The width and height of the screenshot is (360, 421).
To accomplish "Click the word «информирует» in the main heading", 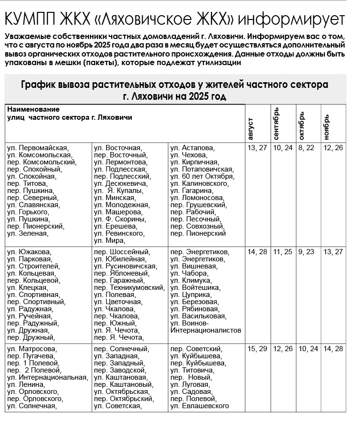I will pos(290,19).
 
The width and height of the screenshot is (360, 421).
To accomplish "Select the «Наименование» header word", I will pos(30,109).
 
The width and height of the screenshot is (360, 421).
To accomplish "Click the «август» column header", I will pos(251,128).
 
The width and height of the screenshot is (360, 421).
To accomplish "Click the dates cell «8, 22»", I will pos(307,148).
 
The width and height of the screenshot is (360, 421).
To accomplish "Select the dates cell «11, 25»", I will pos(282,252).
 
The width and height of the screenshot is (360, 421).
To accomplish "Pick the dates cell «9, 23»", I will pos(307,252).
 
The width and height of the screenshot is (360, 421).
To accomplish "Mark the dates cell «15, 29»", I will pos(257,349).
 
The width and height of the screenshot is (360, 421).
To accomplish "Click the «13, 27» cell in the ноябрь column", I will pos(332,252).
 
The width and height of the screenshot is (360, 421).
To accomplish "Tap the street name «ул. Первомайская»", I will pos(38,148).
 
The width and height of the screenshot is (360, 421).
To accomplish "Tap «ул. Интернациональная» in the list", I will pos(48,377).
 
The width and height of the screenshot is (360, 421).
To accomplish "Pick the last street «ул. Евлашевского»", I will pos(200,406).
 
